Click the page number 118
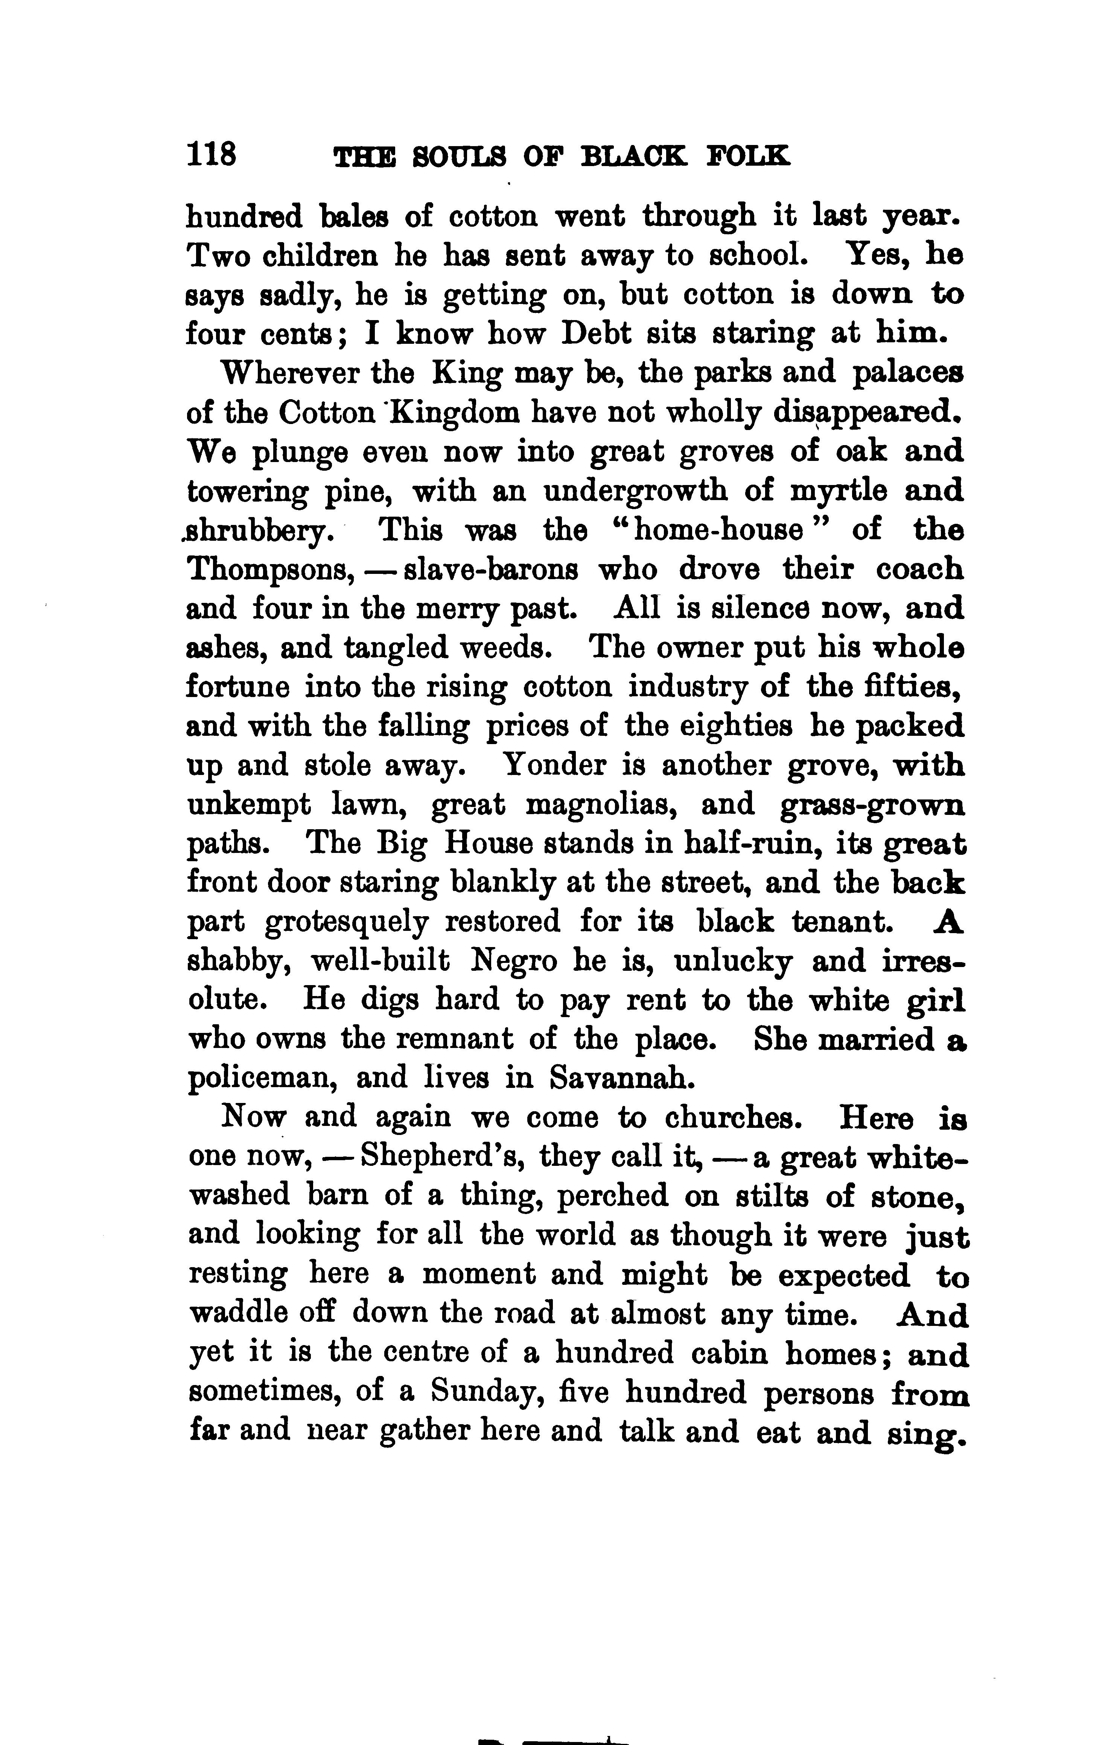[212, 155]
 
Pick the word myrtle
[839, 492]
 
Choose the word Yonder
[554, 764]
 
